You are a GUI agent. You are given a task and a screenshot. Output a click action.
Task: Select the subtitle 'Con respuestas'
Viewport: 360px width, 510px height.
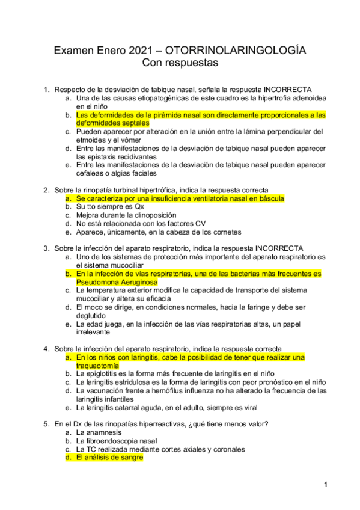coord(180,62)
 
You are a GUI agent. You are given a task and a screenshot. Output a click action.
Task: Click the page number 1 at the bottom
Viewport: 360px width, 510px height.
coord(325,485)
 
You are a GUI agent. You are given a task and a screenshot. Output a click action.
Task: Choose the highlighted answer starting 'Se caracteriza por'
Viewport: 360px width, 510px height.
coord(180,198)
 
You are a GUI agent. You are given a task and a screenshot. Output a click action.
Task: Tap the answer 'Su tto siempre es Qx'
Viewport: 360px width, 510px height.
coord(110,206)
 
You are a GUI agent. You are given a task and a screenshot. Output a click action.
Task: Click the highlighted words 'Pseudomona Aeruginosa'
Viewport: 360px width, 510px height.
coord(117,281)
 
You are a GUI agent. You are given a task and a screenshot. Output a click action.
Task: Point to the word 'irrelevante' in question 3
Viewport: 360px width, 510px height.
coord(93,331)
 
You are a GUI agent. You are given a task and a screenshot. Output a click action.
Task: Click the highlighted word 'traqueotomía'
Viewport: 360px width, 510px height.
coord(97,365)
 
